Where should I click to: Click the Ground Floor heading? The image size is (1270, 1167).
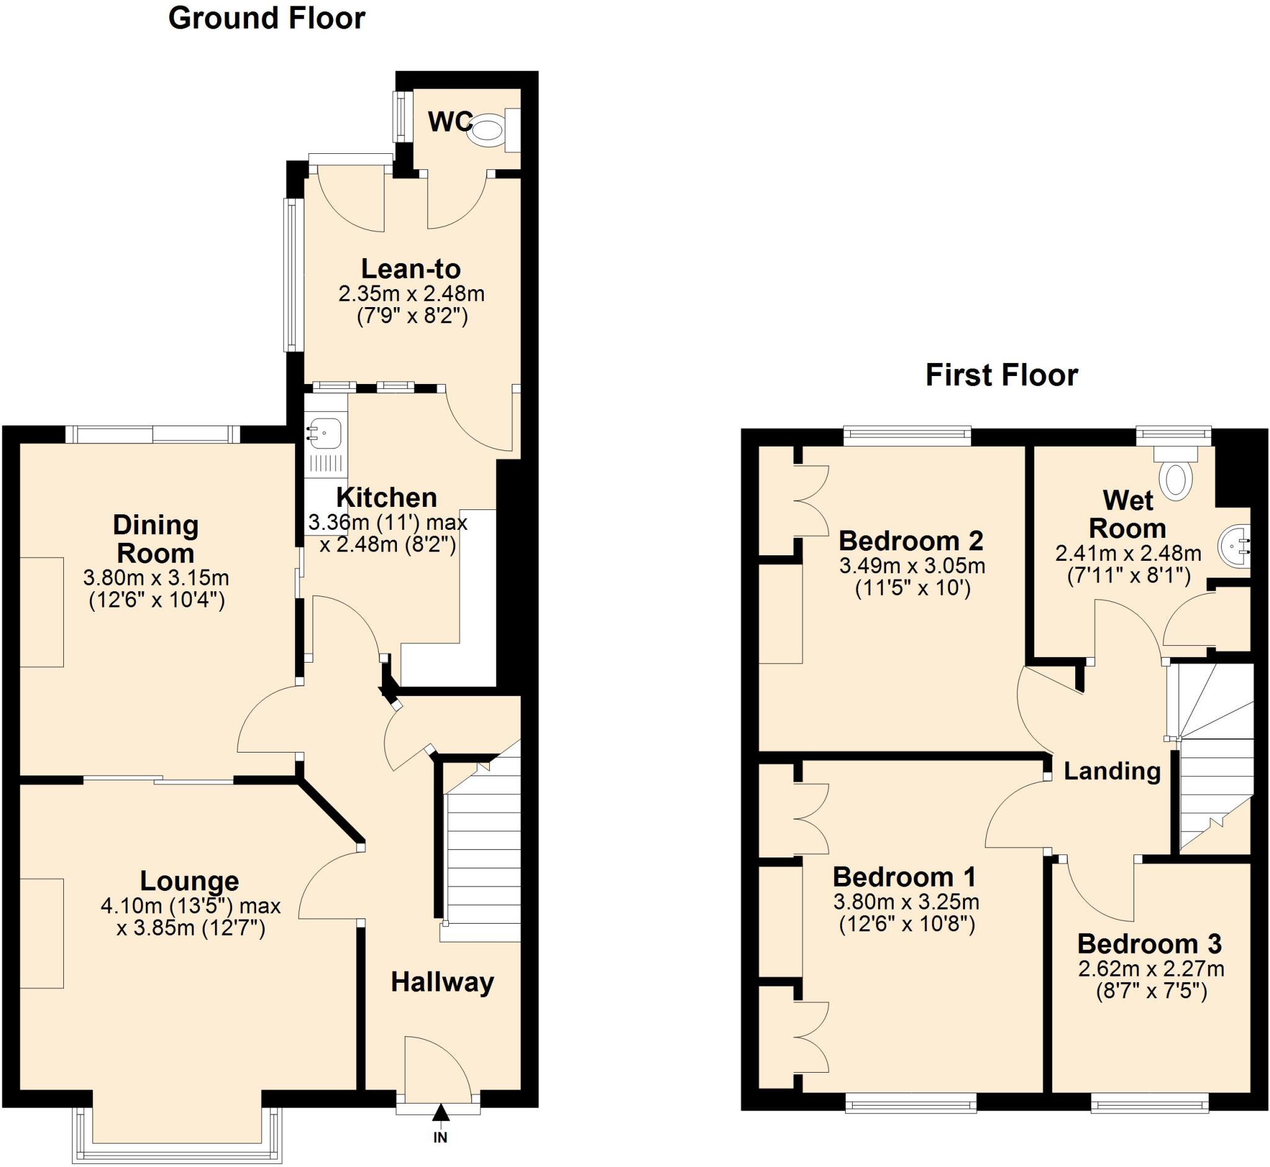point(267,19)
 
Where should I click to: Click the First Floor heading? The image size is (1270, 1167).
point(1001,375)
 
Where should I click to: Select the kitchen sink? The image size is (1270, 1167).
point(325,434)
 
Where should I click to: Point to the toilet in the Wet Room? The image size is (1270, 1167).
point(1176,479)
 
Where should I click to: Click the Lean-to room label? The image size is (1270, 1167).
point(411,269)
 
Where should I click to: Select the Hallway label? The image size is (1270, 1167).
point(442,982)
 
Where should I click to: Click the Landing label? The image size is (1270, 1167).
point(1112,771)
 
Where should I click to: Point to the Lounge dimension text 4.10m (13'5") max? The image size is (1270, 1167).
point(190,906)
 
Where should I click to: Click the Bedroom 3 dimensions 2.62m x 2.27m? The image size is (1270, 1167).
point(1151,968)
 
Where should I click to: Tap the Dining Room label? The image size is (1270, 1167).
point(156,539)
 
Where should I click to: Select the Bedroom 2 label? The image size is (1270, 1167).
point(911,540)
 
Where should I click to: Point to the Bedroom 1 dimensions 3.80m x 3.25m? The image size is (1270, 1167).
point(906,902)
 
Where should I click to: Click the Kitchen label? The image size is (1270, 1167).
point(386,498)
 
